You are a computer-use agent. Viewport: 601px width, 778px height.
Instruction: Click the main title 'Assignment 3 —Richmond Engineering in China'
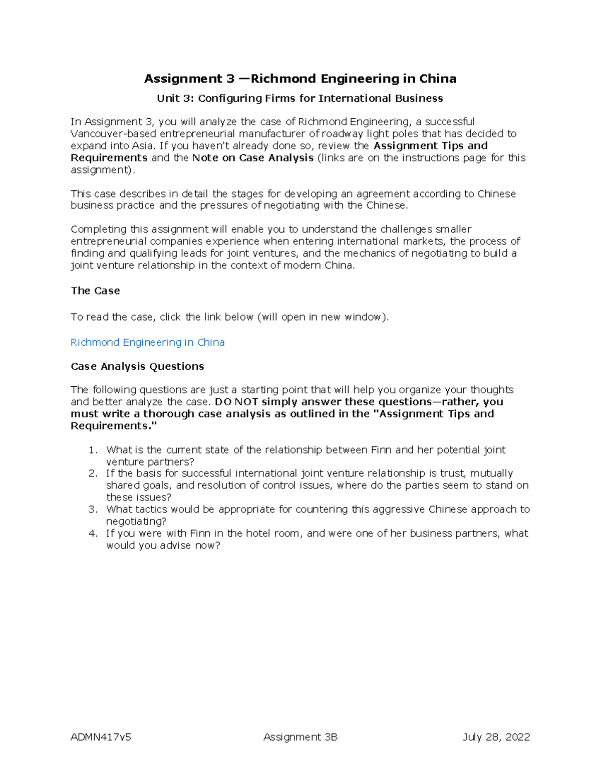(300, 79)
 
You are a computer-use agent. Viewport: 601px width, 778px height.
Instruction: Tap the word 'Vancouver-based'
(113, 134)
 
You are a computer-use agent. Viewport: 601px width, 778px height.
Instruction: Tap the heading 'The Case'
(95, 291)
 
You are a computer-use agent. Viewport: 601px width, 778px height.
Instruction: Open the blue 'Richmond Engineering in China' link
(147, 343)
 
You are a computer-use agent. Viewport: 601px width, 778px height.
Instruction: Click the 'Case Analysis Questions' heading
(137, 367)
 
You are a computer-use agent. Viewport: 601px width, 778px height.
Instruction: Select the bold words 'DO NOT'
(236, 402)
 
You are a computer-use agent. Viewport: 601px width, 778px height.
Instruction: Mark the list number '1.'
(93, 450)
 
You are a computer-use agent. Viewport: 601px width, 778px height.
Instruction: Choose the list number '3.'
(93, 509)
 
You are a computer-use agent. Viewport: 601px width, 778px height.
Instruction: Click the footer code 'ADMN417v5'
(101, 737)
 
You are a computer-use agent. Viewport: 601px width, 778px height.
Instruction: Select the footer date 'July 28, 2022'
(496, 737)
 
